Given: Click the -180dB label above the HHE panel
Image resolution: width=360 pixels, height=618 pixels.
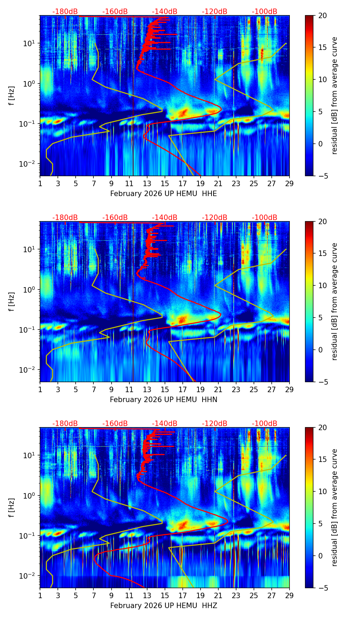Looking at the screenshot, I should [x=65, y=12].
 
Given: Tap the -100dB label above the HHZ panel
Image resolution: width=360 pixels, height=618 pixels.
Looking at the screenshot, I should [x=265, y=424].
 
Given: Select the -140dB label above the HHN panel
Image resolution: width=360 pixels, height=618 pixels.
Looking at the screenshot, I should [x=165, y=218].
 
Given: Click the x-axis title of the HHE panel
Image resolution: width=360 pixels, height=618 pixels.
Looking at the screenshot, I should [x=164, y=194].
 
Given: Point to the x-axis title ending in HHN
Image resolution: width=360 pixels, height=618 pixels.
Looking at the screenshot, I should [x=164, y=400].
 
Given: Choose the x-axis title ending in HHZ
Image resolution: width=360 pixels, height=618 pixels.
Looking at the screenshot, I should [x=164, y=606].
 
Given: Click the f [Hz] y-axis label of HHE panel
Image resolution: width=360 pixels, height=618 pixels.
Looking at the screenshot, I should [x=12, y=96].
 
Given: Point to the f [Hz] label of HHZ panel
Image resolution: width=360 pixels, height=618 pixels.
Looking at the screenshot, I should [x=12, y=508].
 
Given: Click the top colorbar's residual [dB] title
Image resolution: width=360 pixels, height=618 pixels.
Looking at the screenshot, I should [x=334, y=96].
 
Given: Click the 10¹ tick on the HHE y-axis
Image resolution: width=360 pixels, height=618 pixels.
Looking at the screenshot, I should [x=30, y=43].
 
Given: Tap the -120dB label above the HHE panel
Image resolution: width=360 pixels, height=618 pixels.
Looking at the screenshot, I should [x=215, y=12].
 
